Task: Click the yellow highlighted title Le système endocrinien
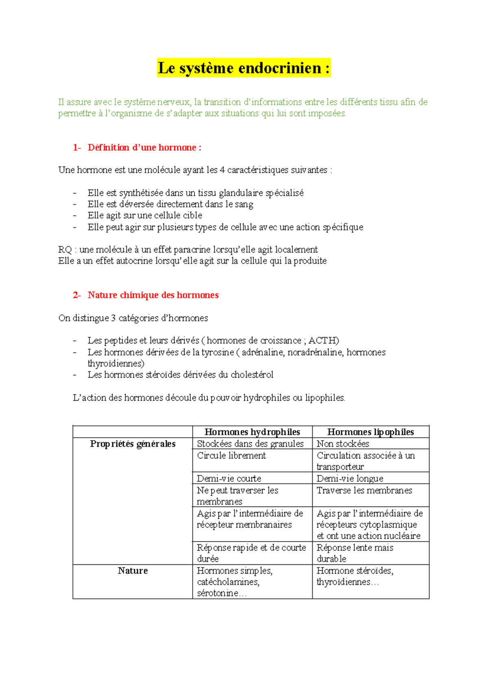244,68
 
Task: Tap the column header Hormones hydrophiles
252,432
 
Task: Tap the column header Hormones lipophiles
370,432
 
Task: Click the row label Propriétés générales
133,444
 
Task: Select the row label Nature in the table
133,571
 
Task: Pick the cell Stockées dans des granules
250,444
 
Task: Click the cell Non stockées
343,444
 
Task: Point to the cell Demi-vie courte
229,479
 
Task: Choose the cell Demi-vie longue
350,479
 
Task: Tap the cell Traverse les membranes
364,491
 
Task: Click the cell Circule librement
231,456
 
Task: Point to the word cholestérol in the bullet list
252,375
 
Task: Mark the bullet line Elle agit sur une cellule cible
145,216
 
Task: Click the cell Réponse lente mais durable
355,553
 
